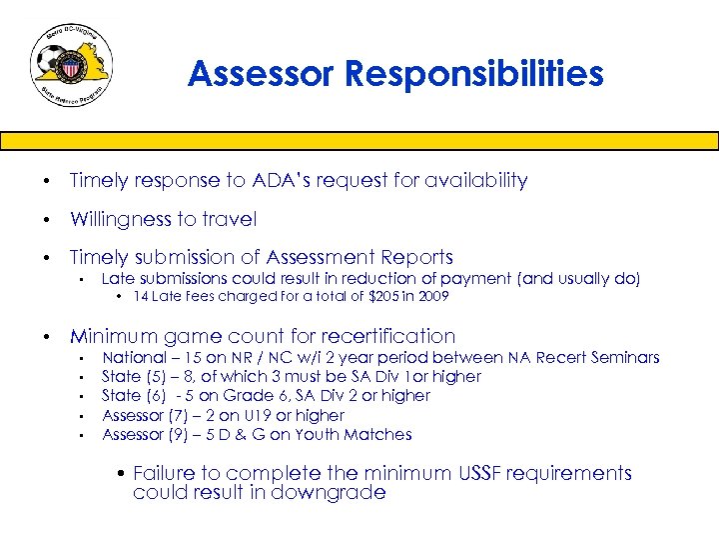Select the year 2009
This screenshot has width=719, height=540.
point(432,297)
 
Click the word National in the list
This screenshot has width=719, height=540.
point(135,357)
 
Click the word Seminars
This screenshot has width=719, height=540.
point(625,357)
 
